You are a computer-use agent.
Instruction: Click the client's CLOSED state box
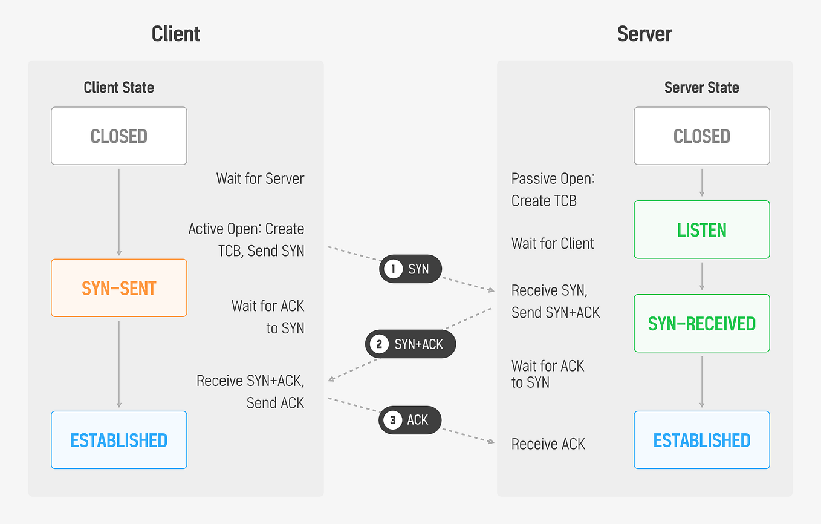[x=118, y=136]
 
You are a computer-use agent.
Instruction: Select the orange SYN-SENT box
[x=118, y=288]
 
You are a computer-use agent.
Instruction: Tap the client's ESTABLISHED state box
[x=118, y=440]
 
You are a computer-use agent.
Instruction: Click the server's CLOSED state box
[x=701, y=136]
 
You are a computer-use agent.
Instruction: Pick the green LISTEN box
[x=701, y=230]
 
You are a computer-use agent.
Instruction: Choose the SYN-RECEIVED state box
[x=701, y=323]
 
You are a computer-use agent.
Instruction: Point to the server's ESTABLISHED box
[x=701, y=440]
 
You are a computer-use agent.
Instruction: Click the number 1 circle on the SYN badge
[x=393, y=269]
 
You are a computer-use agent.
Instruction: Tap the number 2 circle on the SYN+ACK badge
[x=379, y=344]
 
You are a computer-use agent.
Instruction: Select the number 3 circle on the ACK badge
[x=393, y=420]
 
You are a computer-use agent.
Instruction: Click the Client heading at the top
[x=176, y=34]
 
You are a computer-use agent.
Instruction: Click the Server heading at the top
[x=644, y=34]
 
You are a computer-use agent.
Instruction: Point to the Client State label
[x=118, y=87]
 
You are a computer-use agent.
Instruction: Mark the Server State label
[x=701, y=87]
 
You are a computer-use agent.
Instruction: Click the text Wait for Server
[x=260, y=178]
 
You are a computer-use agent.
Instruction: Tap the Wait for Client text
[x=553, y=243]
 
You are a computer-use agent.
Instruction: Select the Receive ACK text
[x=548, y=444]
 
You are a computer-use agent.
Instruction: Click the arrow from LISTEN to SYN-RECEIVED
[x=701, y=277]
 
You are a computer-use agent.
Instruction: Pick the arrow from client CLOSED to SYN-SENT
[x=119, y=212]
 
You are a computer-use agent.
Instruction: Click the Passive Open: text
[x=553, y=178]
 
